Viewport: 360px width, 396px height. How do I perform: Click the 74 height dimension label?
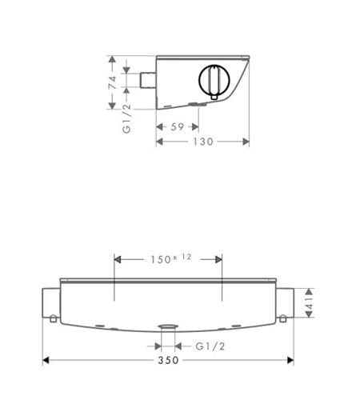click(113, 82)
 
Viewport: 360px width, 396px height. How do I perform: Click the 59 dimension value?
click(178, 127)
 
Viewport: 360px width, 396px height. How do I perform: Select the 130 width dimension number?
click(203, 142)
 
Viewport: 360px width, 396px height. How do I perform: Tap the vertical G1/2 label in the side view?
click(126, 118)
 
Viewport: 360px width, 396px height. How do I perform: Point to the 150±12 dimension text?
click(171, 258)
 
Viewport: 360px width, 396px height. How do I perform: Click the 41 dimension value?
click(309, 302)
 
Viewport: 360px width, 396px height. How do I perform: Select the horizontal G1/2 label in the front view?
click(210, 346)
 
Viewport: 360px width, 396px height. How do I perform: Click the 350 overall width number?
click(168, 360)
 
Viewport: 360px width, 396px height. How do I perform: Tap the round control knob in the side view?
click(214, 80)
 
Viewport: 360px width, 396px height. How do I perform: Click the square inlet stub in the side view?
click(148, 80)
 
